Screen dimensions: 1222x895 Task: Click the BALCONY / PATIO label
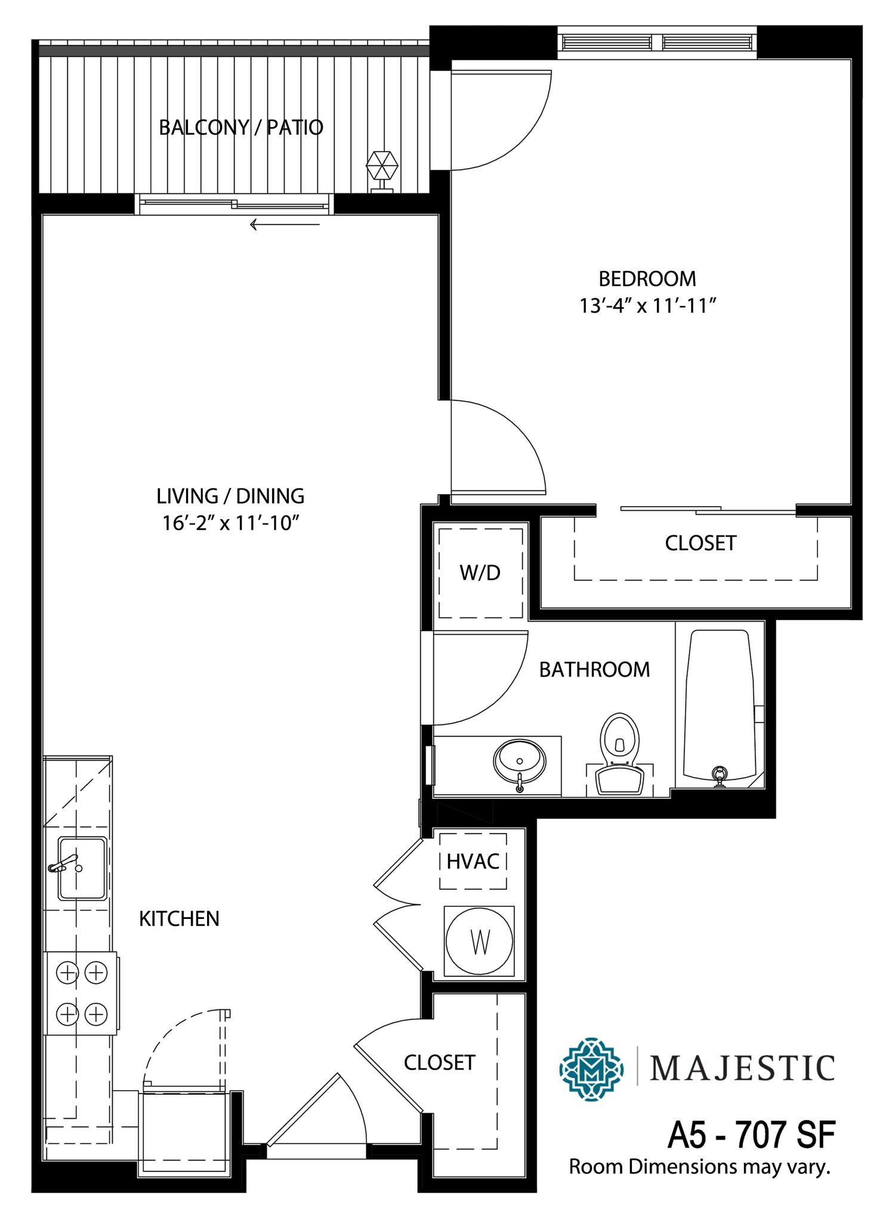point(241,128)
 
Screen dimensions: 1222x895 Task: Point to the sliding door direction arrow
point(285,225)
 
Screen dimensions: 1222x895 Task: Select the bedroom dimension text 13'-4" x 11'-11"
point(647,306)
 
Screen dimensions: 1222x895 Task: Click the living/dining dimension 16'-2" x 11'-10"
point(230,523)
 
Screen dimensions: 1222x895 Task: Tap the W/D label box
point(480,573)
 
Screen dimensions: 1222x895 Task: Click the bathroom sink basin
point(519,761)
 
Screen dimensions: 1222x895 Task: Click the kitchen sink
point(82,868)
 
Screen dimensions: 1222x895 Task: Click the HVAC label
point(473,861)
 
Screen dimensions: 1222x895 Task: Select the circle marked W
point(480,942)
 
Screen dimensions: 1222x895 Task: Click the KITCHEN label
point(179,919)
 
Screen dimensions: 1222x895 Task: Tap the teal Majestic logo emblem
point(591,1069)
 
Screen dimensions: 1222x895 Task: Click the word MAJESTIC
point(742,1069)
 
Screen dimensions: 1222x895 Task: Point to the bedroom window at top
point(657,42)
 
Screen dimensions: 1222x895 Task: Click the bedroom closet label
point(700,543)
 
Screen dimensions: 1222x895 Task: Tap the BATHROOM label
point(594,669)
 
